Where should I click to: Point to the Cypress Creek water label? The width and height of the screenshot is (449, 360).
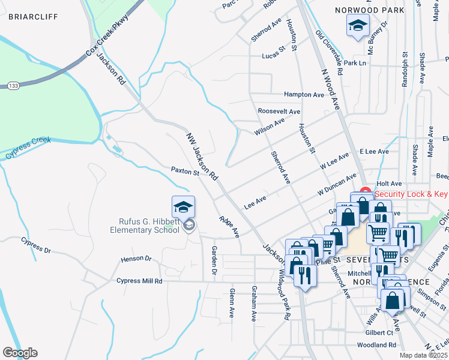[28, 149]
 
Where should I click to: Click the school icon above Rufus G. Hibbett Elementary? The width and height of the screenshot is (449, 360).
[183, 207]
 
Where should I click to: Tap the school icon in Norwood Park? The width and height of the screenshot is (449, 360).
[357, 27]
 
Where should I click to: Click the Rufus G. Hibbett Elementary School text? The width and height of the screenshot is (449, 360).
[144, 225]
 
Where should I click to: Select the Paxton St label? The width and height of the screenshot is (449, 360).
[185, 172]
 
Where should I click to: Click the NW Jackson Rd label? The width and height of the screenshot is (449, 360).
[202, 157]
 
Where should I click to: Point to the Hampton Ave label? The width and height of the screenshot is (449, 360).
[304, 95]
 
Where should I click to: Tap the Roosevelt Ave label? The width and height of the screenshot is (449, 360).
[279, 112]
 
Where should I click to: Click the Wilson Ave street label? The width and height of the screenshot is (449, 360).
[269, 126]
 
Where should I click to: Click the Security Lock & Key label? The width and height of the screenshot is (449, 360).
[411, 194]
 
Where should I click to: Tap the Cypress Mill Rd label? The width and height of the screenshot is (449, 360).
[139, 281]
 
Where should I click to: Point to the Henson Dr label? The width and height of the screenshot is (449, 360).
[136, 259]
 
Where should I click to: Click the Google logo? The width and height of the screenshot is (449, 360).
[20, 353]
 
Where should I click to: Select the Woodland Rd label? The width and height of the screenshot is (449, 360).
[376, 345]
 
